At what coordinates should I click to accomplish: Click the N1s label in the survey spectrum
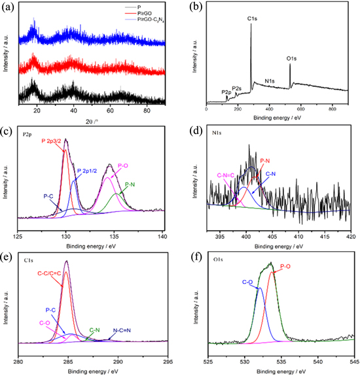pyautogui.click(x=270, y=82)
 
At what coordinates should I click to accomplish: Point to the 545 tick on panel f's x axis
pyautogui.click(x=353, y=360)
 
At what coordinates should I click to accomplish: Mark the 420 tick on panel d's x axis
pyautogui.click(x=350, y=235)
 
